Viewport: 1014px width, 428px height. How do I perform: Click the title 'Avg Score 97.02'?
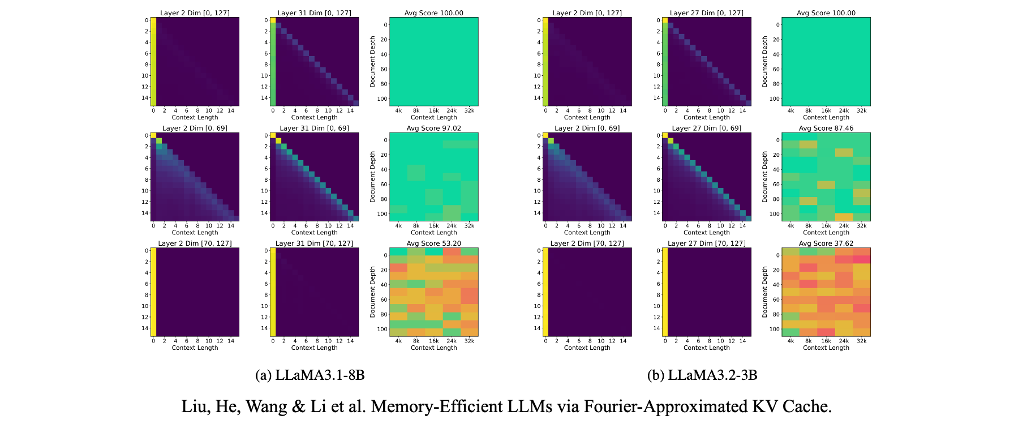coord(433,129)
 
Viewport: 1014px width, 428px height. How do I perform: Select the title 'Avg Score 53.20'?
coord(433,243)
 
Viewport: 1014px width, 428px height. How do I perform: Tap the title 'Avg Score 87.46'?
coord(826,129)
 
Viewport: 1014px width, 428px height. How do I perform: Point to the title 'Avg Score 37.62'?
coord(826,243)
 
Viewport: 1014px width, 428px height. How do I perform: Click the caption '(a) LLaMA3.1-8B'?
coord(310,375)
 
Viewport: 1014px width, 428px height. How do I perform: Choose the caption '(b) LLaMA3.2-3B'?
coord(702,375)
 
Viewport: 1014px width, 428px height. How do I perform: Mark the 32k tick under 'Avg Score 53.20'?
coord(469,341)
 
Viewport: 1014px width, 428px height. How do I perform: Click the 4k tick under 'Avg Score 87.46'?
coord(790,226)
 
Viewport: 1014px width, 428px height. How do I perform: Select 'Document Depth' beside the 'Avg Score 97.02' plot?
coord(373,177)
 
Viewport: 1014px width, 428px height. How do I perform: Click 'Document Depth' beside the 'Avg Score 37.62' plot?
coord(765,292)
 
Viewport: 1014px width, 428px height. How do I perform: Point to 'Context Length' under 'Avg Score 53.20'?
coord(433,348)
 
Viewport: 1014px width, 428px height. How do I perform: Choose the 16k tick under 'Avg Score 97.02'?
coord(434,226)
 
